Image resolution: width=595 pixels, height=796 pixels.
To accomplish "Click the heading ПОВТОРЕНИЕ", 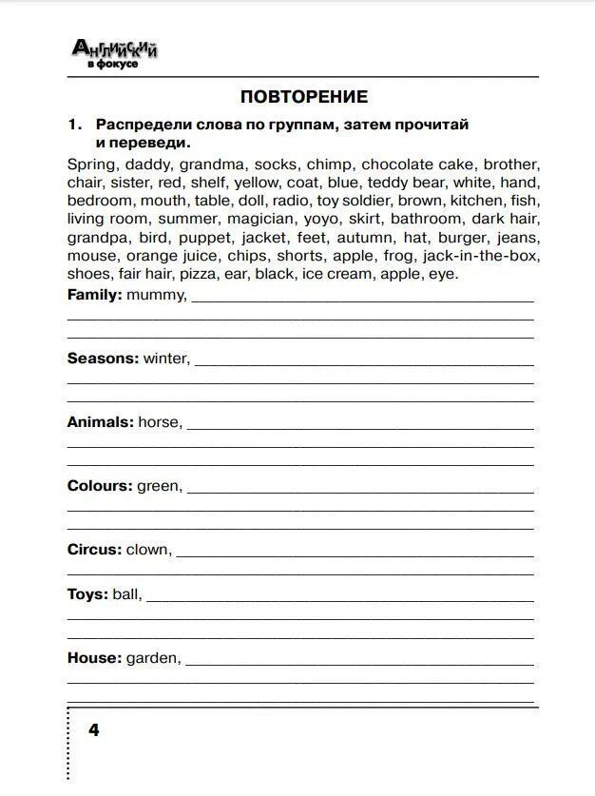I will point(303,97).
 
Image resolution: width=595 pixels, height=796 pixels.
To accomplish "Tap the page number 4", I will point(93,729).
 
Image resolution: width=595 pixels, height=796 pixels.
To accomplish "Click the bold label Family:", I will point(95,295).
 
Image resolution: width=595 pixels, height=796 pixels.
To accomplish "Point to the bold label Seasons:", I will point(103,359).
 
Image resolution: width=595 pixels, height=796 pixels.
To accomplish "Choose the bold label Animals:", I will point(100,421).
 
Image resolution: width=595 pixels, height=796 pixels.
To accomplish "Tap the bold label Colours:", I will point(100,486).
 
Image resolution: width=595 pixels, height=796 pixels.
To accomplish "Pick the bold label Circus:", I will point(95,550).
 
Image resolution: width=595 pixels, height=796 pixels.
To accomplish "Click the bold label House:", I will point(94,657).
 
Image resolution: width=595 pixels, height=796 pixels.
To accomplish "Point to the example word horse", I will point(160,421).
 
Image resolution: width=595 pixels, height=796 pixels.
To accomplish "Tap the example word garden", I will point(153,657).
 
